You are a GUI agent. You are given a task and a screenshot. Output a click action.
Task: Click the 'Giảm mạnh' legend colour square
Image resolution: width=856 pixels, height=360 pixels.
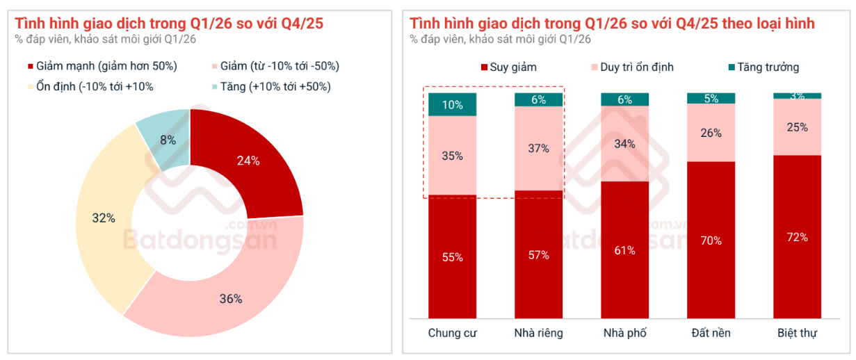point(31,67)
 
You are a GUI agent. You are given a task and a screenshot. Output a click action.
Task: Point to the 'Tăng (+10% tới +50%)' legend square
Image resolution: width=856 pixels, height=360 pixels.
point(215,87)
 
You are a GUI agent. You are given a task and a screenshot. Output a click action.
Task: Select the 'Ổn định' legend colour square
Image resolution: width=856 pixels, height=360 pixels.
point(31,87)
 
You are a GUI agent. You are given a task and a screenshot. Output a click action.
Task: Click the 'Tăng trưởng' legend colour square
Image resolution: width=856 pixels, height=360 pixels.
point(732,67)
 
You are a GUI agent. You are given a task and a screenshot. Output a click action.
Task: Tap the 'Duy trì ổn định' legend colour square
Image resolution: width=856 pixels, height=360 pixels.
point(594,67)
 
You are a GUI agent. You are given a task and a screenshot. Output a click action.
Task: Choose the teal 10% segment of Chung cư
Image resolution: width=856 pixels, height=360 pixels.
point(452,104)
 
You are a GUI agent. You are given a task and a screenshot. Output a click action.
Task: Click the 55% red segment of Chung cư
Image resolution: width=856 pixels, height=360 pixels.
point(452,256)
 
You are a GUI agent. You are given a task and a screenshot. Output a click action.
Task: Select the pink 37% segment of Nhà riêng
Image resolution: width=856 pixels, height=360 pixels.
point(538,148)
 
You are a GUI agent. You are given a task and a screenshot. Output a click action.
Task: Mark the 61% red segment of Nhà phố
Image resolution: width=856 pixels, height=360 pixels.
point(625,249)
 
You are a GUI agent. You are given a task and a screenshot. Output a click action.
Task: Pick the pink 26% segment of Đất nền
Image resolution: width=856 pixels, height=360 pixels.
point(711,133)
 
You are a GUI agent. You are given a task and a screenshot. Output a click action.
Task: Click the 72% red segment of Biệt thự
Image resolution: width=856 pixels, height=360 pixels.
point(797,237)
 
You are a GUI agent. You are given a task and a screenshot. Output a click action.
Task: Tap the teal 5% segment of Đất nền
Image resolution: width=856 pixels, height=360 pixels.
point(711,98)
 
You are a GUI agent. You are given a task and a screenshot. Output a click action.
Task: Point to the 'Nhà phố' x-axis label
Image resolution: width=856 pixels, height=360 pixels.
point(625,333)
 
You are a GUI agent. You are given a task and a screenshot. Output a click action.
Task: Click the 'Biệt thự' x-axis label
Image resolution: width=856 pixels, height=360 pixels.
point(797,333)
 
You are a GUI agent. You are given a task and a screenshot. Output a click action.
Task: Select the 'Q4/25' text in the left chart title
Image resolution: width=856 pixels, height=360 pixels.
point(302,24)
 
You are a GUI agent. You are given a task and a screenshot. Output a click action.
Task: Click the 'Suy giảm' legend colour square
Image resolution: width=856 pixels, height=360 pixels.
point(484,67)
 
